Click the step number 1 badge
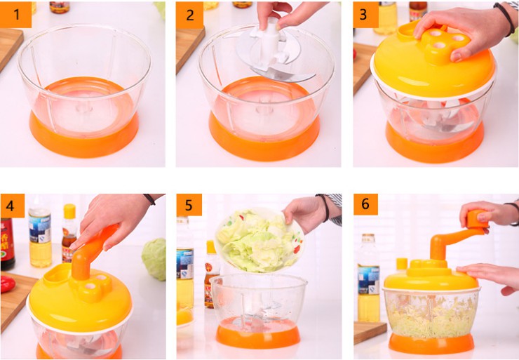(15, 14)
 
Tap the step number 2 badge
(189, 15)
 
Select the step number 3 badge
(365, 15)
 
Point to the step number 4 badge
(12, 206)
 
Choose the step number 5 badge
(189, 205)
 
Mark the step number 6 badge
(365, 204)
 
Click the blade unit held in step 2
(275, 53)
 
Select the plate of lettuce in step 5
(259, 241)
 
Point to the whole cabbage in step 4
(154, 259)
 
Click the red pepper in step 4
(7, 284)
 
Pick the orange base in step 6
(431, 343)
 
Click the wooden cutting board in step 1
(9, 46)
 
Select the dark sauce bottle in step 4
(7, 244)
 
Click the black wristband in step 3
(504, 18)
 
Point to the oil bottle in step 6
(368, 278)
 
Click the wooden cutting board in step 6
(370, 332)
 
